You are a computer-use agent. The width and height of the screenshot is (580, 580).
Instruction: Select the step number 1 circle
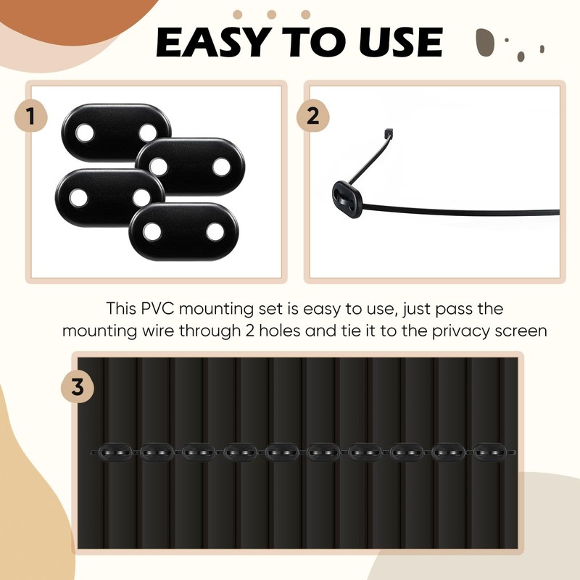(31, 117)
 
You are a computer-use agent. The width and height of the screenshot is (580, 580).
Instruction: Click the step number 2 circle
(312, 117)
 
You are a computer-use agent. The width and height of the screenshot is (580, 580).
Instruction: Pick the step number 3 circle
(78, 388)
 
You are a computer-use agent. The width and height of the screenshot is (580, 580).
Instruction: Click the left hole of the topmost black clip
(85, 133)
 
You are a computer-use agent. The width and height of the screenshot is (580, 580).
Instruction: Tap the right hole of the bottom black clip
(215, 231)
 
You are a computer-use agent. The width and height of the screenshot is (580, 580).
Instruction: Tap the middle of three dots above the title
(271, 14)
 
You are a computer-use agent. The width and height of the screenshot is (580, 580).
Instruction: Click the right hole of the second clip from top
(222, 166)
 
